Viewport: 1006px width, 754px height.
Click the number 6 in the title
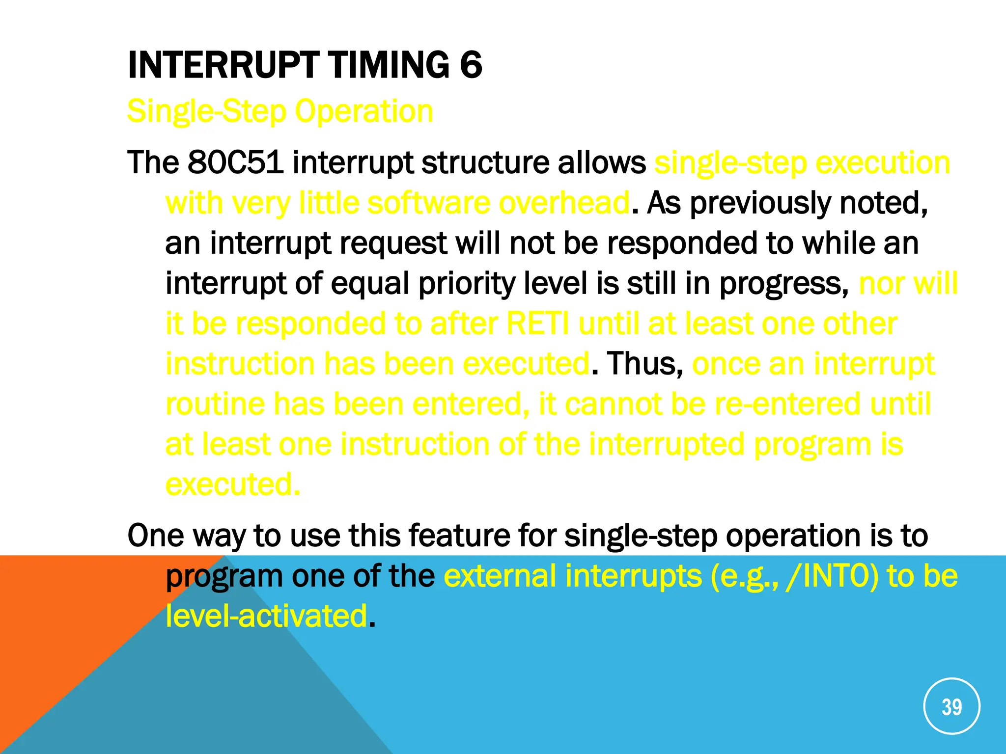tap(471, 65)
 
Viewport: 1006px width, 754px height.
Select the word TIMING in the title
tap(389, 65)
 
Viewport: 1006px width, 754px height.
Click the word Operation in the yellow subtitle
tap(364, 111)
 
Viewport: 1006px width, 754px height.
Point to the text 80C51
tap(235, 162)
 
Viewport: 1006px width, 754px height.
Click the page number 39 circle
tap(951, 706)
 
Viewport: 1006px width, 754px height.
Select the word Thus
tap(644, 364)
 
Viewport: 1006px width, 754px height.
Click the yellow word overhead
tap(564, 203)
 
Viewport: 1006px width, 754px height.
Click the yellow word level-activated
tap(266, 616)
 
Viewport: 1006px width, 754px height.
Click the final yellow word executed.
tap(232, 485)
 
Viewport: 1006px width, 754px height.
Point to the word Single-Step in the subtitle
tap(206, 111)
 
